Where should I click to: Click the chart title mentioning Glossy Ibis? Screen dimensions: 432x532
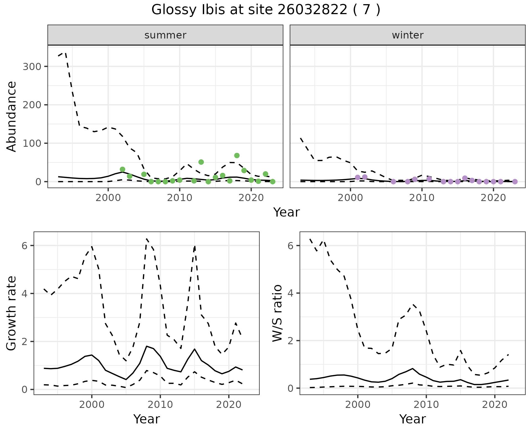coord(266,10)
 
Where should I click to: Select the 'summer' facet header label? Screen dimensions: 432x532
coord(165,35)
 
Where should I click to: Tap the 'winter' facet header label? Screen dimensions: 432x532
coord(408,35)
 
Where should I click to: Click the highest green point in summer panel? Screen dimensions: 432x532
coord(237,155)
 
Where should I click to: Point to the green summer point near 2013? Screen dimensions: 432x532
coord(201,162)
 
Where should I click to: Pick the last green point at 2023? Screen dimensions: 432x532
coord(273,182)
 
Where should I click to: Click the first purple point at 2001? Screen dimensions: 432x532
coord(357,178)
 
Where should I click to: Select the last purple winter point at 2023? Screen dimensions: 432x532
coord(515,182)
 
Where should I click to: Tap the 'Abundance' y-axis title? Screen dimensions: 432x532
coord(11,117)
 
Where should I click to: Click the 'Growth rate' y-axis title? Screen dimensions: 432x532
coord(11,313)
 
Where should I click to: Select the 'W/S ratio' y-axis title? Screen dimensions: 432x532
coord(277,313)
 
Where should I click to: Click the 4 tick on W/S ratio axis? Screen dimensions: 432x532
coord(290,293)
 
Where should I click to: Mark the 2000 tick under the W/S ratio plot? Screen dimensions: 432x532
coord(358,405)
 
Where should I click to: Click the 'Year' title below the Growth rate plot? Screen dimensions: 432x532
coord(147,419)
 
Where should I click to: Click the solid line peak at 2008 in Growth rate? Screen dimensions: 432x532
coord(146,346)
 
